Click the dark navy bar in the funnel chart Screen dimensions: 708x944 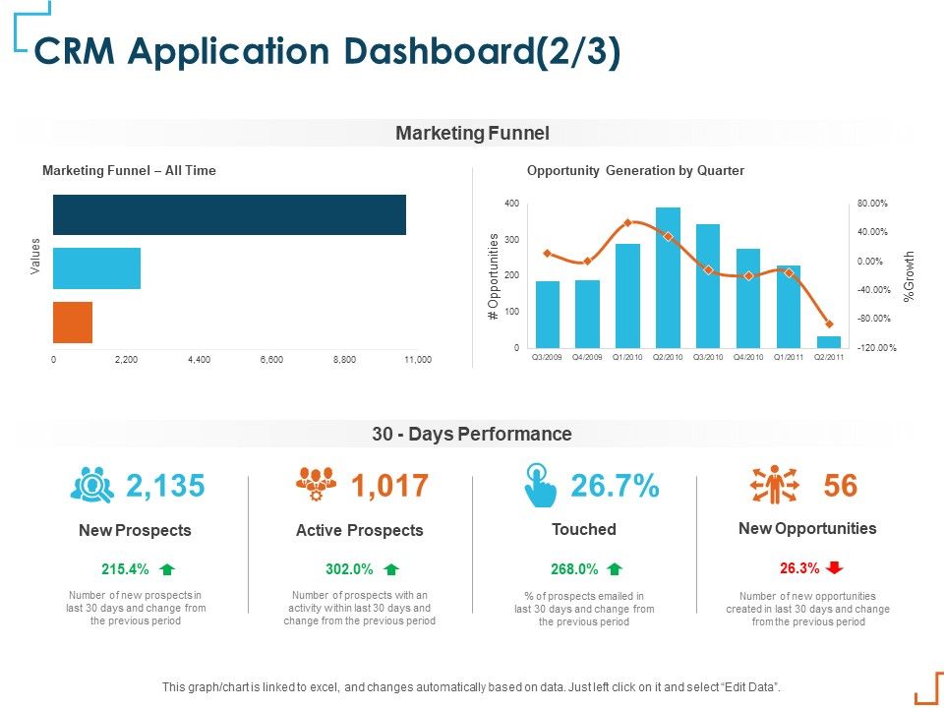(x=229, y=214)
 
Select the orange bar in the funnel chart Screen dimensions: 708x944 (x=73, y=322)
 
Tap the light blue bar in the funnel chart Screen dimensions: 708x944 (x=96, y=268)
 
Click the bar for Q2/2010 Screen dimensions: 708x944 (x=668, y=277)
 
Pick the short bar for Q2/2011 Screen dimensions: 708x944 (x=829, y=342)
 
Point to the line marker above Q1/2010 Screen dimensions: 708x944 (x=627, y=222)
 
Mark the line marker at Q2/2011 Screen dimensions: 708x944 (x=829, y=324)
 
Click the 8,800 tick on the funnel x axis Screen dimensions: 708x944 (x=344, y=360)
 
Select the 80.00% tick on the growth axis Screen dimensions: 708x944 (x=872, y=204)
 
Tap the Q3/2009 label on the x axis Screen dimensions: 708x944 (x=548, y=358)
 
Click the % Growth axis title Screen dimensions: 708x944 (x=910, y=275)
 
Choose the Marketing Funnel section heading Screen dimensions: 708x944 (x=472, y=133)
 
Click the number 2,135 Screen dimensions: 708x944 (x=165, y=486)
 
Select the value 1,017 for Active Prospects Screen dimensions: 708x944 (x=389, y=486)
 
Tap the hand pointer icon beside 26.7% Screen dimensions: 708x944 (x=541, y=486)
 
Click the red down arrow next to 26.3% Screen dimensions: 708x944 (x=835, y=567)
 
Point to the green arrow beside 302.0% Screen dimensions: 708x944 (x=391, y=568)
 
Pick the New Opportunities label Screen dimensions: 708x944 (x=807, y=528)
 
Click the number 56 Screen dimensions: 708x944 (x=841, y=486)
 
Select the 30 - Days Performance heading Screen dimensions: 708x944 (x=472, y=434)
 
